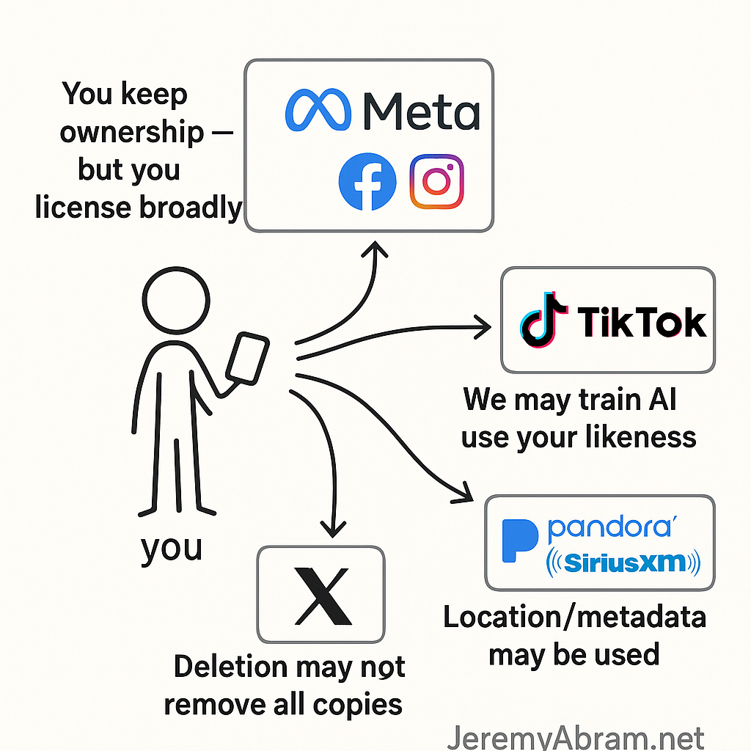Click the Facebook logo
tap(367, 182)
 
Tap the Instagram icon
tap(437, 181)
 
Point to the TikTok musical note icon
tap(543, 320)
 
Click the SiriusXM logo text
tap(624, 563)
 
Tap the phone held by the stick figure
tap(246, 360)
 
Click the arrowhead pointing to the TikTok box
tap(484, 328)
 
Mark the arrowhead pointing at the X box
tap(334, 527)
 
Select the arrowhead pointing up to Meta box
tap(378, 250)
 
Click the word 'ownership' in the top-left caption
tap(132, 133)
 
